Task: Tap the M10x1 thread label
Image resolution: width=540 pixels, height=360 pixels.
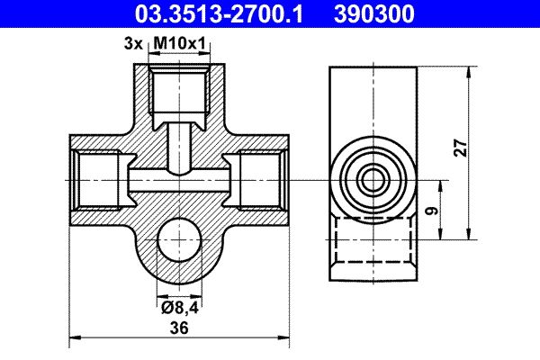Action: [x=179, y=42]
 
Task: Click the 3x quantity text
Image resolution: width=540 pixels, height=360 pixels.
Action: [x=134, y=42]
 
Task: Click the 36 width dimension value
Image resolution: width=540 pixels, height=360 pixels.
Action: [x=179, y=329]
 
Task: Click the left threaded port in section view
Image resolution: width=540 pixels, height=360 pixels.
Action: [x=95, y=180]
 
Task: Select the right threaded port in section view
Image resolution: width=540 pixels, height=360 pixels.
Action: [x=262, y=180]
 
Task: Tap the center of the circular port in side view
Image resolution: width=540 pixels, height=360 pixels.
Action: [x=371, y=180]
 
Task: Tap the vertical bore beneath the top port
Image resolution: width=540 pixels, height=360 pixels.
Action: [x=179, y=146]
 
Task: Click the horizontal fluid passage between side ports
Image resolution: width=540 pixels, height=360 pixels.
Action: [x=179, y=180]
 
